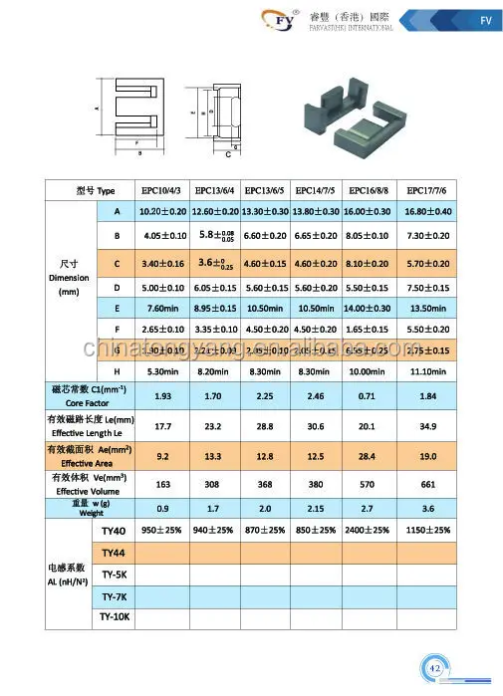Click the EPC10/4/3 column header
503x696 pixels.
162,190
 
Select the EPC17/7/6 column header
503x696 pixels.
427,190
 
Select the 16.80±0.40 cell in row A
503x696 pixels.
427,212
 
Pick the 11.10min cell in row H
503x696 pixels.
427,371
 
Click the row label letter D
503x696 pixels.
117,287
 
